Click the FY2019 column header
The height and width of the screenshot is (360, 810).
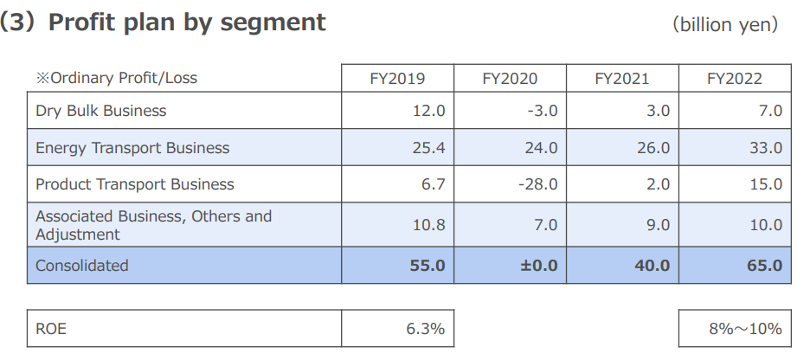[x=397, y=79]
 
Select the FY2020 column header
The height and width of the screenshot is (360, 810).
[x=510, y=79]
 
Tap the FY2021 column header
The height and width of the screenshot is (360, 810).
[x=622, y=79]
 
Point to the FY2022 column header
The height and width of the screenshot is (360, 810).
[x=735, y=79]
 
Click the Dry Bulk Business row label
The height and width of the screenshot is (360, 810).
[x=101, y=111]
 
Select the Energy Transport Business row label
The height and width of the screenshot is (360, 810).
[x=132, y=148]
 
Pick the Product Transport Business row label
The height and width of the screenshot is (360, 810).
[x=135, y=184]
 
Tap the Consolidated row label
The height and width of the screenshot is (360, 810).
[x=81, y=266]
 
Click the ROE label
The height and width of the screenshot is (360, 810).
[x=51, y=329]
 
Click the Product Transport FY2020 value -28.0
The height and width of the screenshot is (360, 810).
[x=538, y=184]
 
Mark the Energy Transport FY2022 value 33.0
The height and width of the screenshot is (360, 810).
[x=765, y=148]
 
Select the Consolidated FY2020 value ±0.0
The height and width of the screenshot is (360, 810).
[x=538, y=266]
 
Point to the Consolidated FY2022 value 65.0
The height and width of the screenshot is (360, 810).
[x=764, y=266]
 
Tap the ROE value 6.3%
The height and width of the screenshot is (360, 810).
[x=426, y=329]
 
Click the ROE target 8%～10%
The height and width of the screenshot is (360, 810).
[x=744, y=329]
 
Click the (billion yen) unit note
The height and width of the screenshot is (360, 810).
[x=725, y=24]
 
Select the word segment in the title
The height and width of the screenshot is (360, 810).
[x=277, y=23]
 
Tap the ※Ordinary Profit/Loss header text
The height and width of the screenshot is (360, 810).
[x=116, y=79]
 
